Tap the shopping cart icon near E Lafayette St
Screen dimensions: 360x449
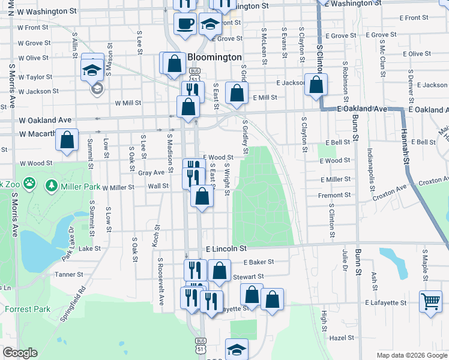pos(431,301)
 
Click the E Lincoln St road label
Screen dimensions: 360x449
pos(226,248)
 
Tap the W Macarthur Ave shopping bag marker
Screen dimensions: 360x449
pos(67,140)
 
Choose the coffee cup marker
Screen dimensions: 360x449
pos(185,23)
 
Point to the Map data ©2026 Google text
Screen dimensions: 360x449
pos(411,355)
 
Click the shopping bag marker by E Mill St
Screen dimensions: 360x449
pos(237,93)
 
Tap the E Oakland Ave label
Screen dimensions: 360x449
pos(362,109)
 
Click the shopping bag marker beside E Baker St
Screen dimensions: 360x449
pos(220,271)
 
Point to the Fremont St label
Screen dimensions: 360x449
pos(336,195)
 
